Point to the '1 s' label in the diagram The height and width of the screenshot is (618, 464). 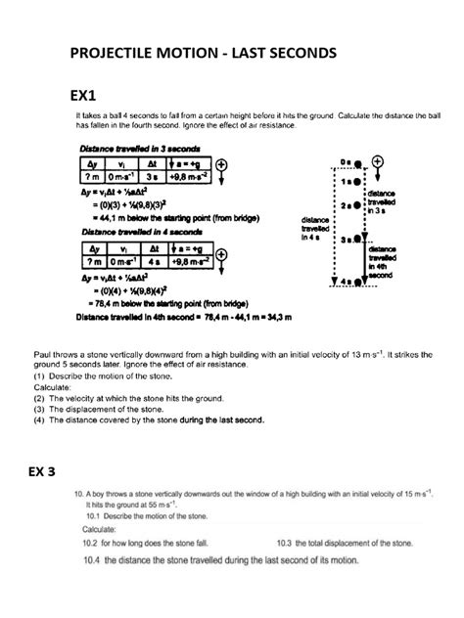(x=344, y=181)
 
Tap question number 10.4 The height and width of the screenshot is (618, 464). (x=89, y=560)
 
